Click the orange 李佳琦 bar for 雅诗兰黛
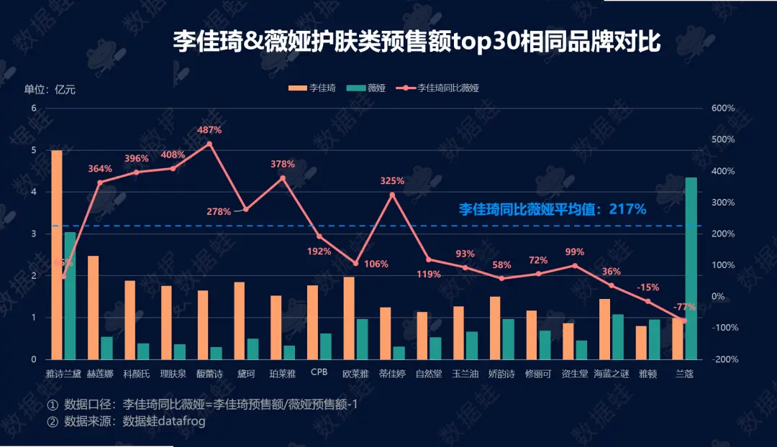[x=56, y=254]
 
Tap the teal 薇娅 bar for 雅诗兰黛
[x=70, y=295]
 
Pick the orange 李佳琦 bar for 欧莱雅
[x=349, y=318]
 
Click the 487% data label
[x=210, y=130]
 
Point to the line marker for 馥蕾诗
[x=209, y=144]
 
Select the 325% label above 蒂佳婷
[x=392, y=180]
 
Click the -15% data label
[x=647, y=287]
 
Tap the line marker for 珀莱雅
[x=283, y=178]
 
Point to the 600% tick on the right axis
[x=722, y=108]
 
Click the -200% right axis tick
[x=722, y=359]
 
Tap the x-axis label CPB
[x=319, y=373]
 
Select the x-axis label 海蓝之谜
[x=612, y=374]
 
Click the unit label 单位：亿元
[x=50, y=90]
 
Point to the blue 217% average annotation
[x=552, y=209]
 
